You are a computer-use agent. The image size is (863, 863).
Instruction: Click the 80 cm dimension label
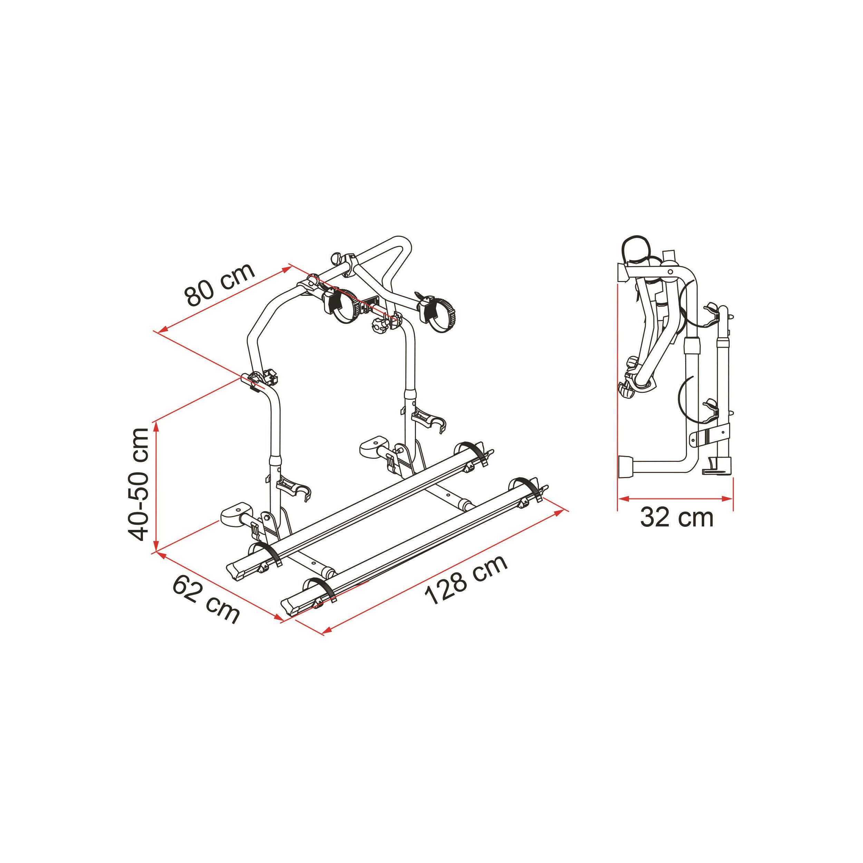(x=220, y=284)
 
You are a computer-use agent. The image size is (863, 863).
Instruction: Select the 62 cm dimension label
(x=206, y=600)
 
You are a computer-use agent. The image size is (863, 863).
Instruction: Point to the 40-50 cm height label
(x=137, y=485)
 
